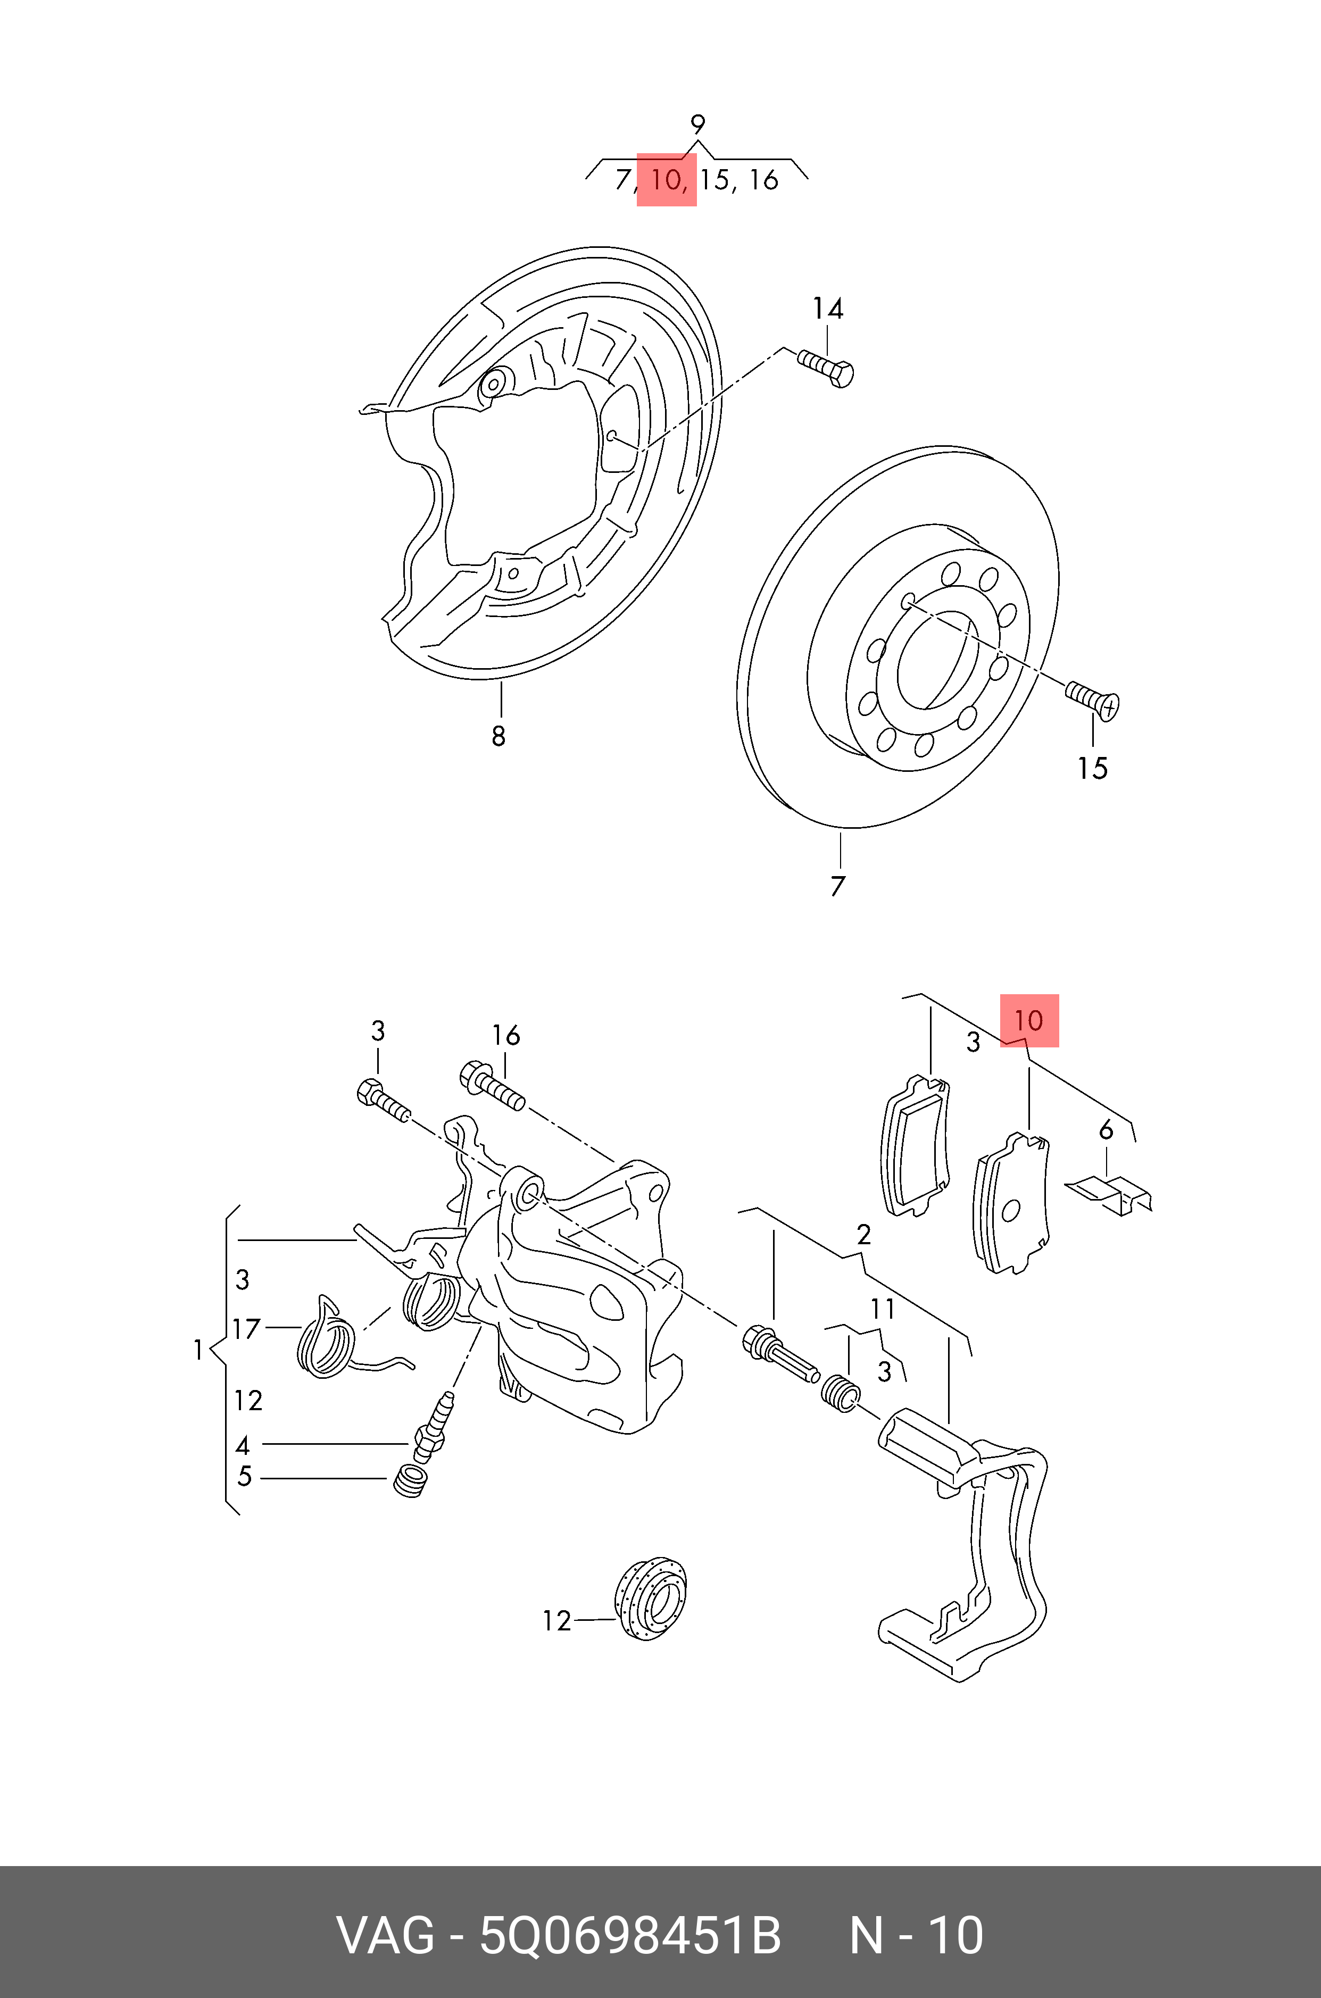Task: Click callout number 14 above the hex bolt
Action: pos(827,309)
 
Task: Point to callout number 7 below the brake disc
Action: pos(837,886)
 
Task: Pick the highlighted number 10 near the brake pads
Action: pos(1029,1021)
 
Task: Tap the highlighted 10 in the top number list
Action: pos(667,179)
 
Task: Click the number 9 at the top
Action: pos(697,124)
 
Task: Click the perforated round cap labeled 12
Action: pos(650,1599)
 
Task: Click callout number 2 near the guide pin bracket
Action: pos(863,1235)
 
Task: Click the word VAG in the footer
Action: pos(386,1936)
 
